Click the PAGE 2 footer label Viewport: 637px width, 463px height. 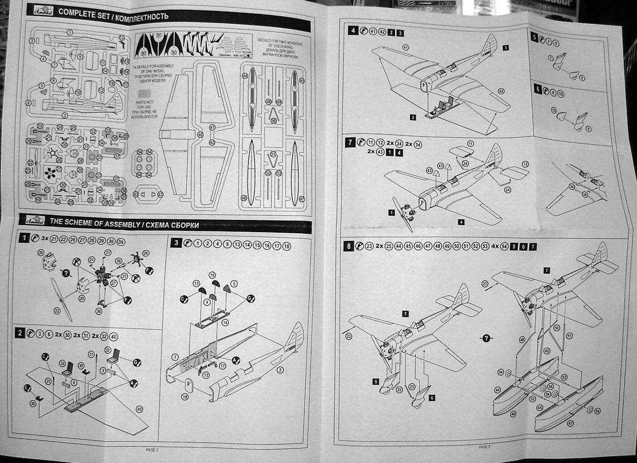(152, 449)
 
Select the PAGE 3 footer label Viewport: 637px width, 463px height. (485, 446)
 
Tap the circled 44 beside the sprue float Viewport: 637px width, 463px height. (245, 76)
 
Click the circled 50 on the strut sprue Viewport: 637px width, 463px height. (273, 120)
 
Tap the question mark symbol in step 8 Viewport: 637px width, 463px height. (485, 337)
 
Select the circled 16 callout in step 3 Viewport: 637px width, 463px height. (212, 274)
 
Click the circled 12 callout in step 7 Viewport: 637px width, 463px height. (526, 164)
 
